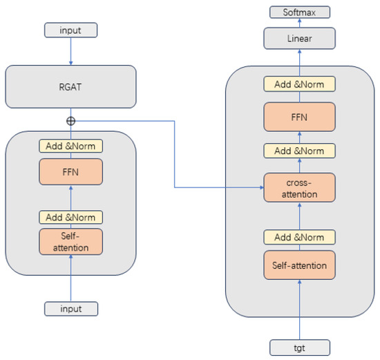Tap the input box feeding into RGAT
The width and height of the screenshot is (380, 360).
70,30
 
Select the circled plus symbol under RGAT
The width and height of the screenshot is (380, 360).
70,121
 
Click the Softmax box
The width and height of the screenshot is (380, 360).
299,12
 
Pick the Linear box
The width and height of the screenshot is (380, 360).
299,39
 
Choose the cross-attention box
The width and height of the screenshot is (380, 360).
299,187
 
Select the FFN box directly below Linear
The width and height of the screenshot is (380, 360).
299,117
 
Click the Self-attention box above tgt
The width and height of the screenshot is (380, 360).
299,265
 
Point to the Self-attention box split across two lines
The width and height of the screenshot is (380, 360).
70,241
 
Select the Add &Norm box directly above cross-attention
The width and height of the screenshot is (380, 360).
299,151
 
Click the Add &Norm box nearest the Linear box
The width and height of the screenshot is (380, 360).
299,84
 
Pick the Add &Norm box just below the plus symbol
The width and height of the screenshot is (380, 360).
70,146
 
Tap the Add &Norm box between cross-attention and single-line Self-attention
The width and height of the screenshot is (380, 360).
299,237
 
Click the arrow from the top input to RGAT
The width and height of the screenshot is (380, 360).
70,50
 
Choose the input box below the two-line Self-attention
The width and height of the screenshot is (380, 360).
70,308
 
